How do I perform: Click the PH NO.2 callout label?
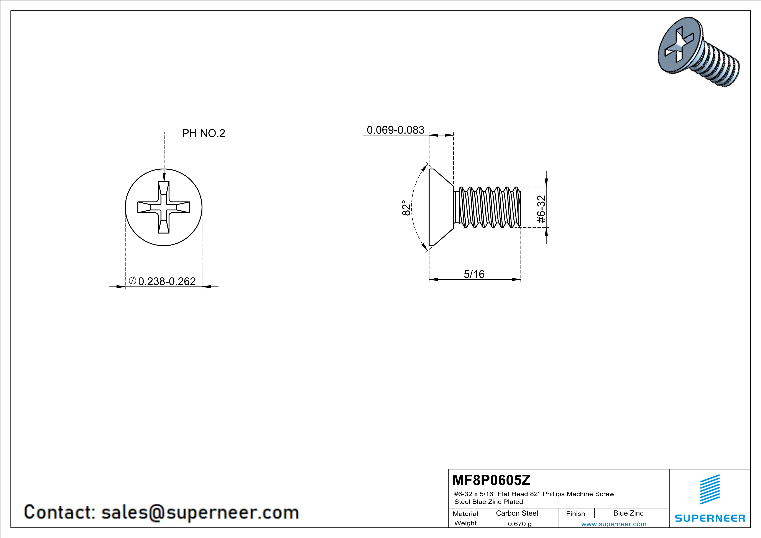click(x=204, y=133)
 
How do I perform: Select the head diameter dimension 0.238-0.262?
click(x=167, y=281)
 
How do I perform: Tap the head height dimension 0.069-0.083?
click(x=395, y=130)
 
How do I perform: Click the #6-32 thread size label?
click(x=541, y=209)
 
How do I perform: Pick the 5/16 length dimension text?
click(x=474, y=274)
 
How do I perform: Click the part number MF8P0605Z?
click(x=491, y=480)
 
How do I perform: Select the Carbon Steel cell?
click(x=517, y=513)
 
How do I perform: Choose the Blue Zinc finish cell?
click(x=628, y=513)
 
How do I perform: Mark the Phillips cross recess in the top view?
click(x=164, y=207)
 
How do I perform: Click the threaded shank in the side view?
click(x=487, y=207)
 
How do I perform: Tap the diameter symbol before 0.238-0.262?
click(x=132, y=280)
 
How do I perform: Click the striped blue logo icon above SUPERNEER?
click(x=710, y=489)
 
